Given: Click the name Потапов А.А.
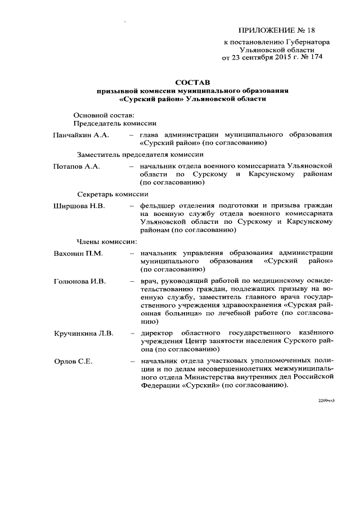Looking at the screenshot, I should pos(76,166).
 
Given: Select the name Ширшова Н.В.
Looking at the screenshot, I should pos(78,206).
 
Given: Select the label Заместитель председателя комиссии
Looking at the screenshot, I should pos(140,154).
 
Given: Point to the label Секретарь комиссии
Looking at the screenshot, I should pos(112,194).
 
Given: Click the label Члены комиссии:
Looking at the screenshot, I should pos(107,242).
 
